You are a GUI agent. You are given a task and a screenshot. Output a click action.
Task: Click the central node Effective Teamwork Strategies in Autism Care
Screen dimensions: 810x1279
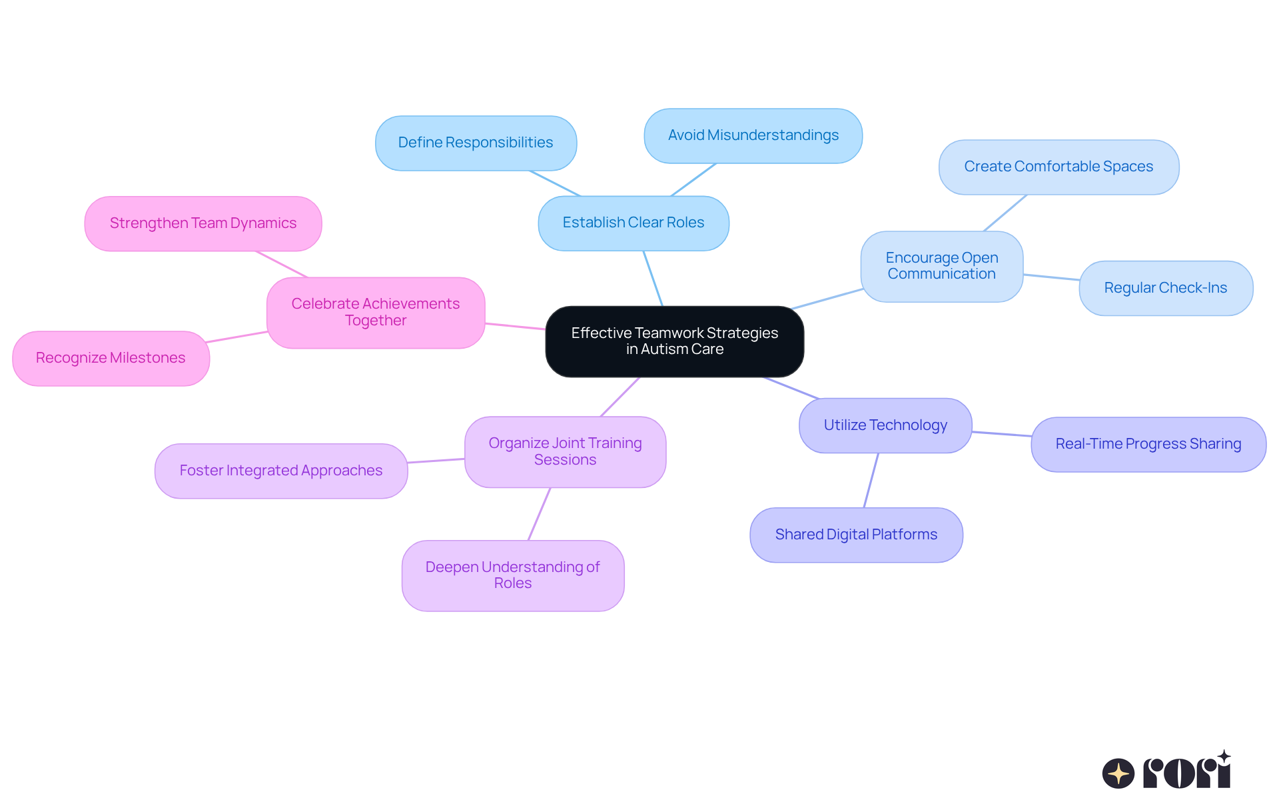(674, 341)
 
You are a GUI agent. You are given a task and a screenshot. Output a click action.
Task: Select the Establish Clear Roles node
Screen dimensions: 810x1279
(633, 223)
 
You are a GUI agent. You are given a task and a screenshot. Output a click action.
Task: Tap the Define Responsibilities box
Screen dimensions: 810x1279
(476, 143)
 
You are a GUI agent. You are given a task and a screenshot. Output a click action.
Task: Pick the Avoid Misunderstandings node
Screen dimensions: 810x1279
(753, 135)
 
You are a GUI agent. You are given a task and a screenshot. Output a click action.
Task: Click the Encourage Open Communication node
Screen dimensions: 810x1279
(941, 266)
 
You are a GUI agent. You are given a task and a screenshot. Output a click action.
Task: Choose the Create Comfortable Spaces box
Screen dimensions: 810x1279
(1058, 167)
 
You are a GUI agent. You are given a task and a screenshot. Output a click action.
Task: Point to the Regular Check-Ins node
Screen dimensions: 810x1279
(1165, 288)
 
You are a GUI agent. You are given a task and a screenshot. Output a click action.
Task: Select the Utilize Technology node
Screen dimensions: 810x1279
(885, 425)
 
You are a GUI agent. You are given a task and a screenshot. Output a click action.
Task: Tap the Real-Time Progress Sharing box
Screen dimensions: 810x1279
(1148, 444)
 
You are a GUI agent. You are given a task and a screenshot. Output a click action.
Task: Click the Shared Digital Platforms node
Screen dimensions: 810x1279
(856, 535)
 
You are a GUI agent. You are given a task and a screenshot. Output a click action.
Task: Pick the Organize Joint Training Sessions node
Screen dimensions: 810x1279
(565, 451)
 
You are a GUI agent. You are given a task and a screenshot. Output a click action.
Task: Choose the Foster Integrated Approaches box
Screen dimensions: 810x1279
(280, 471)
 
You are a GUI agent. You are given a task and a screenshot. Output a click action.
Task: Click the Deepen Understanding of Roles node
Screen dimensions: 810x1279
(512, 575)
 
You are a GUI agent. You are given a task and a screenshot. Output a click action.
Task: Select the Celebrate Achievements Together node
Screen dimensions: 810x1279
(375, 312)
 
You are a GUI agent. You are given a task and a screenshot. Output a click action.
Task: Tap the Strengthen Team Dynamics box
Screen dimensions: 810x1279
(203, 223)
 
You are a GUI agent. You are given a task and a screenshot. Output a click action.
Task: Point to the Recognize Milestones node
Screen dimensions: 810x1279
(111, 358)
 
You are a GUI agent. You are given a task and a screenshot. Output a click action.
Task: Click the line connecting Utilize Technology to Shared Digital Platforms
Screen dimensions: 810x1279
(871, 481)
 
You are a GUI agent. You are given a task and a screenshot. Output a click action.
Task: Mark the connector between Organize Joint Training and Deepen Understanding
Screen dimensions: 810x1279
(540, 513)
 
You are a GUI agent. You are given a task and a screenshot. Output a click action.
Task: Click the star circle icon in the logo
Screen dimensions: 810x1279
(1118, 773)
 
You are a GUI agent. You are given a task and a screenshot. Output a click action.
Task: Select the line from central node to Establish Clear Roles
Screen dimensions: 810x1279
(653, 279)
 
